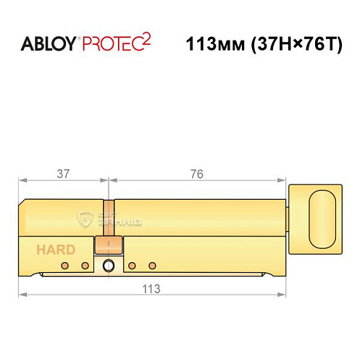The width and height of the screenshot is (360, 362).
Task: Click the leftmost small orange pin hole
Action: (65, 266)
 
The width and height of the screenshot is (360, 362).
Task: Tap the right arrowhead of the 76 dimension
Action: (282, 180)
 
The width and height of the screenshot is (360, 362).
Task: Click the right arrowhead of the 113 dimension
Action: (282, 295)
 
